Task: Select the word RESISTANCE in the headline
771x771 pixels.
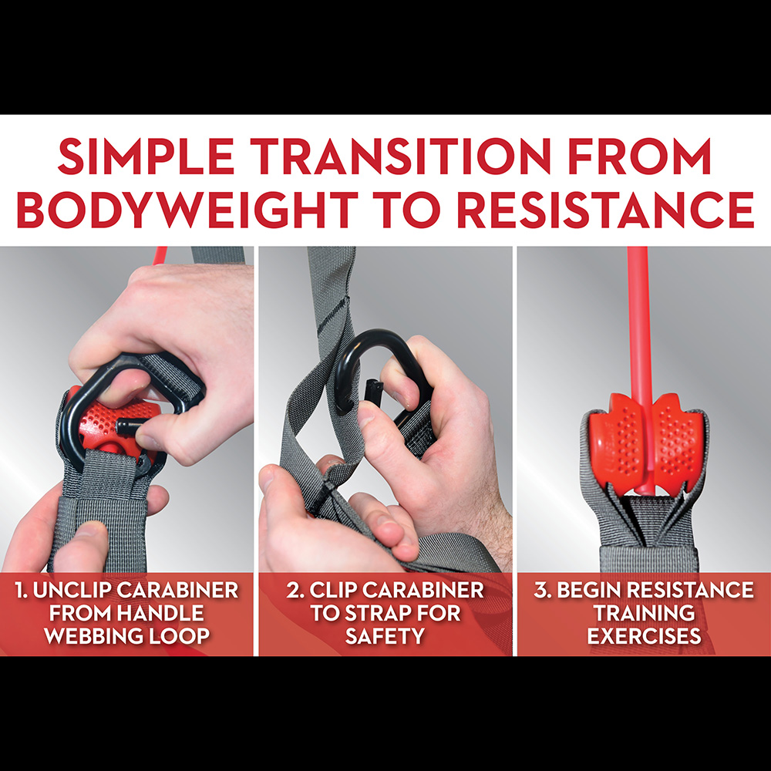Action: click(x=604, y=210)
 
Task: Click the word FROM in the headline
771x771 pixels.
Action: click(x=639, y=157)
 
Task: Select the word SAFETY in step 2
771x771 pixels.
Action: click(x=385, y=636)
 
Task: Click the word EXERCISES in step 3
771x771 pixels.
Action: click(x=644, y=636)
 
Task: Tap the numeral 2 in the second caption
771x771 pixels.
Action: click(x=292, y=590)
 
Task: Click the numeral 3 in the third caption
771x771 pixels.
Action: click(x=540, y=590)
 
